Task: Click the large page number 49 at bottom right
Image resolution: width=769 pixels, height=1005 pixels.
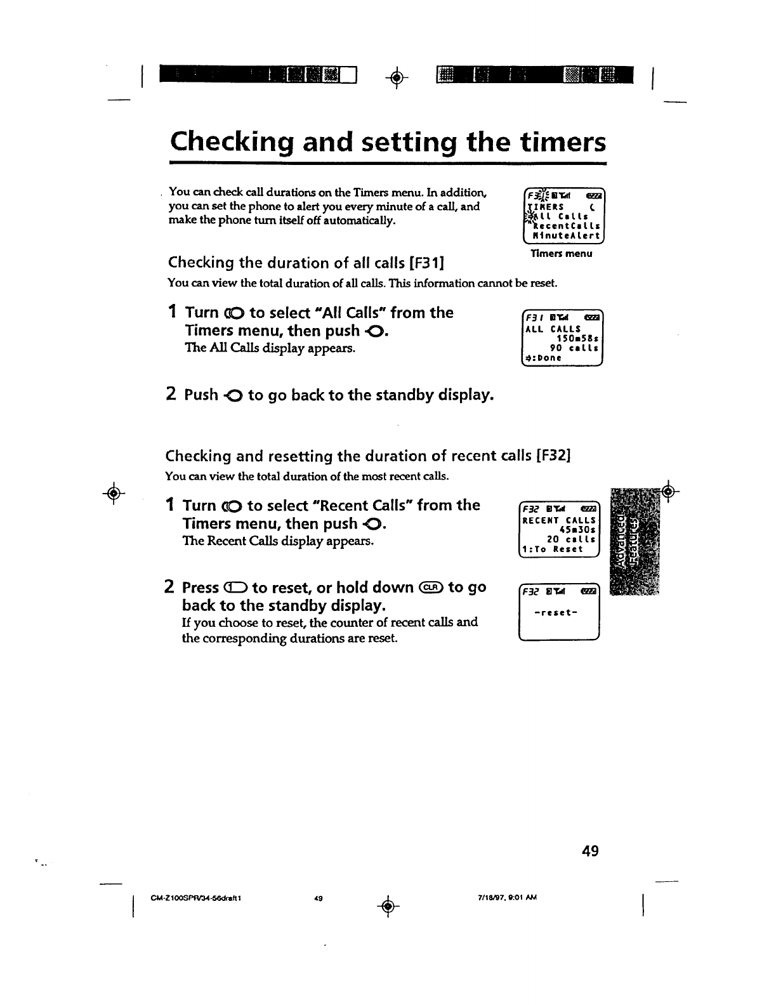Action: point(589,850)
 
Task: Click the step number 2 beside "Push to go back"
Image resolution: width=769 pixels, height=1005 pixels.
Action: point(171,395)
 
